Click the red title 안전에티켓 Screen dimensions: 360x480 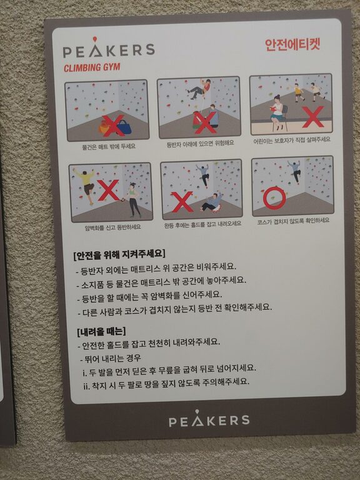(292, 44)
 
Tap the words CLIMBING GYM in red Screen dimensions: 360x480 (92, 67)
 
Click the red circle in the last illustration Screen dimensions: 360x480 (274, 198)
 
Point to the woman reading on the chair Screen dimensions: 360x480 (277, 112)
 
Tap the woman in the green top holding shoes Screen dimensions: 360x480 (134, 199)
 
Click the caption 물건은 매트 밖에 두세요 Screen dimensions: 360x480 (108, 147)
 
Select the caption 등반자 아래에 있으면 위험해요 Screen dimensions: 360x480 (200, 143)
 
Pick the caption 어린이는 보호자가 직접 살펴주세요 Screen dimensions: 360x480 (292, 140)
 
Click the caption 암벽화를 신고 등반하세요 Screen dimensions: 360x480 (112, 227)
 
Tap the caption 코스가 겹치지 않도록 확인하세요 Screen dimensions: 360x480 (293, 221)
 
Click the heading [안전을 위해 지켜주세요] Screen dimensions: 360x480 (119, 254)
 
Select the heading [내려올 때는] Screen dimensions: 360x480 (101, 331)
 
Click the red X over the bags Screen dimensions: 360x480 (114, 126)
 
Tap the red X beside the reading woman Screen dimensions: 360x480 (313, 117)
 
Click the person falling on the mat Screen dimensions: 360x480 (212, 202)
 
